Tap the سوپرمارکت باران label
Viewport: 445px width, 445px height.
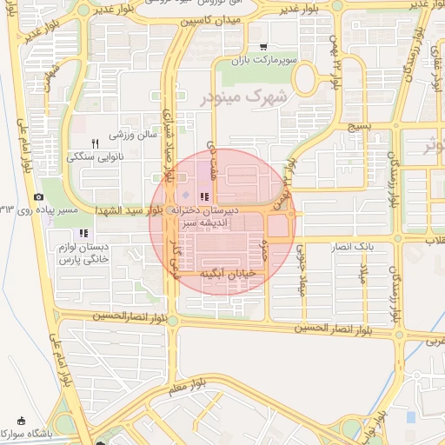coord(265,61)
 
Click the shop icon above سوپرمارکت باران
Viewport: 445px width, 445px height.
coord(262,48)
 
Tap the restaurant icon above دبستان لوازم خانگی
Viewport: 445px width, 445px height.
coord(83,233)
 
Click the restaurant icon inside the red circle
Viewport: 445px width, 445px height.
coord(205,197)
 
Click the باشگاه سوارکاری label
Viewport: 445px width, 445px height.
coord(51,433)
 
